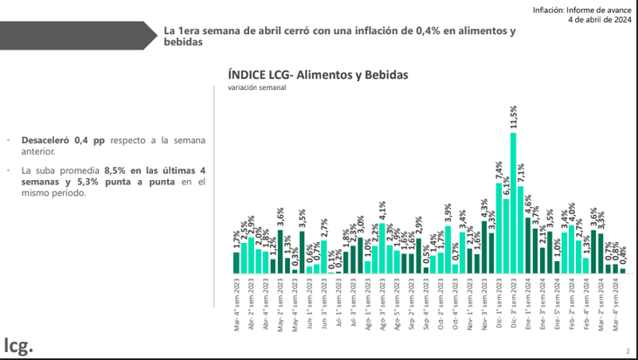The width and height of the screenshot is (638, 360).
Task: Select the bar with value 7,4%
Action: pos(498,227)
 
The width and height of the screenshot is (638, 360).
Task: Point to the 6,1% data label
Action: pos(506,187)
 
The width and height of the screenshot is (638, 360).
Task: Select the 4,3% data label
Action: pos(484,208)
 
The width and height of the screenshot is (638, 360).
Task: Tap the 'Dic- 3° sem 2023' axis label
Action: pos(514,301)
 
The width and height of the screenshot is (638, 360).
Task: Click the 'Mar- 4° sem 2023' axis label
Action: pos(236,301)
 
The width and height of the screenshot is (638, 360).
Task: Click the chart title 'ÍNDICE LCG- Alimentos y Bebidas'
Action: pos(317,75)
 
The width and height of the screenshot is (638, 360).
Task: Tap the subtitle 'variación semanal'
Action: pos(257,88)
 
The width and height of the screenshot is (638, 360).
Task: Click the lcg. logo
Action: pos(18,344)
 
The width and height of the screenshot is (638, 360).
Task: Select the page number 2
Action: pos(627,351)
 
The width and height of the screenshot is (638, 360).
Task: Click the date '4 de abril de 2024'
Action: pos(599,18)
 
